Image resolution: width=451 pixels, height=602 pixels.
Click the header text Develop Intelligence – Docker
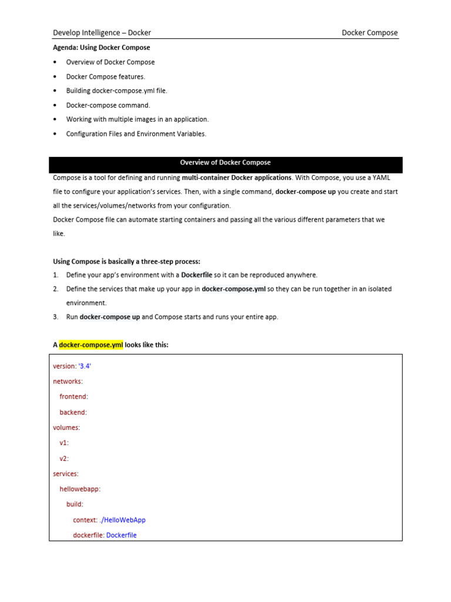click(x=102, y=33)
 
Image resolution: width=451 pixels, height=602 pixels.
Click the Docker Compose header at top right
click(x=369, y=33)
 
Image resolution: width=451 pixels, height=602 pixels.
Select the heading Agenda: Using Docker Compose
click(x=102, y=48)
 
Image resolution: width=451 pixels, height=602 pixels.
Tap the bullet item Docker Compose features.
click(x=105, y=76)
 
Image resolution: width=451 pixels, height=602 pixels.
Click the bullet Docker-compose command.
click(x=108, y=105)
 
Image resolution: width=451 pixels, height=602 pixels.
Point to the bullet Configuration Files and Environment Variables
click(x=136, y=133)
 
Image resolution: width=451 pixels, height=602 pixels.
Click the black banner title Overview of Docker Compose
click(x=225, y=163)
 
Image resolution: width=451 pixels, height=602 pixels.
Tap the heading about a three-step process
click(x=127, y=261)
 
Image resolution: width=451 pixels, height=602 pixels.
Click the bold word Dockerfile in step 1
click(x=200, y=275)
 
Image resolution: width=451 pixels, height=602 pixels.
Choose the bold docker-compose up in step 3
click(x=110, y=317)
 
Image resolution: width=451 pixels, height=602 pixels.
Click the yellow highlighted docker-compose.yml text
click(x=91, y=345)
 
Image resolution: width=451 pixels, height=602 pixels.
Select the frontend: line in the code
click(x=73, y=397)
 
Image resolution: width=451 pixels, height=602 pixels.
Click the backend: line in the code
click(x=73, y=412)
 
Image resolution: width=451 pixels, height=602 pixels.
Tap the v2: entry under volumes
click(x=64, y=458)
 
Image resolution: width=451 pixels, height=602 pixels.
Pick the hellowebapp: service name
click(x=80, y=489)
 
